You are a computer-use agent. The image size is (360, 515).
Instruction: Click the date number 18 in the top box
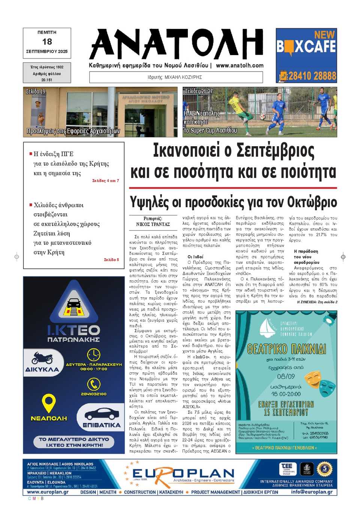coord(47,42)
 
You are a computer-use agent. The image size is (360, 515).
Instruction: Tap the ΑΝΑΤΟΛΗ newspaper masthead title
coord(176,44)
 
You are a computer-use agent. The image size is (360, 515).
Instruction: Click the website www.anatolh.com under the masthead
coord(240,65)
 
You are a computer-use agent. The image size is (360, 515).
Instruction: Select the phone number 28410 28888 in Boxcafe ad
coord(312,76)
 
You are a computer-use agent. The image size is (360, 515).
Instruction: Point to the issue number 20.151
coord(47,80)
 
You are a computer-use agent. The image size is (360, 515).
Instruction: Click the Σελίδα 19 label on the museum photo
coord(36,91)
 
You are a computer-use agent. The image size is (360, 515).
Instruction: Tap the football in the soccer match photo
coord(262,117)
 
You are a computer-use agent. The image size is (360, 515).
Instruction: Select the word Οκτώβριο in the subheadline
coord(312,202)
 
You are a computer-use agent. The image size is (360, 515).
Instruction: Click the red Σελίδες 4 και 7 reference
coord(105,181)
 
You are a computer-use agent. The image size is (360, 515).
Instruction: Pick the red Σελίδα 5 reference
coord(111,259)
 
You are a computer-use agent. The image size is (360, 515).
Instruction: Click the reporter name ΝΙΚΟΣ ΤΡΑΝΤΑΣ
coord(153,224)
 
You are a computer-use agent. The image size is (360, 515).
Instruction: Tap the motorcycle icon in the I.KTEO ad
coord(42,358)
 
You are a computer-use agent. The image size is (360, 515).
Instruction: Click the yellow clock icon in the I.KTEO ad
coord(93,355)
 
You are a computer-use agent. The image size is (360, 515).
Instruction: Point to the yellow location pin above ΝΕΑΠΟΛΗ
coord(48,403)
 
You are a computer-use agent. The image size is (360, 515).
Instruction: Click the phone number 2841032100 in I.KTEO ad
coord(93,394)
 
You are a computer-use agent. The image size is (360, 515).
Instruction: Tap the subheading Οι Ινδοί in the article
coord(195,257)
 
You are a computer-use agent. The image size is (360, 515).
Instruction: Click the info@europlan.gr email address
coord(312,492)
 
